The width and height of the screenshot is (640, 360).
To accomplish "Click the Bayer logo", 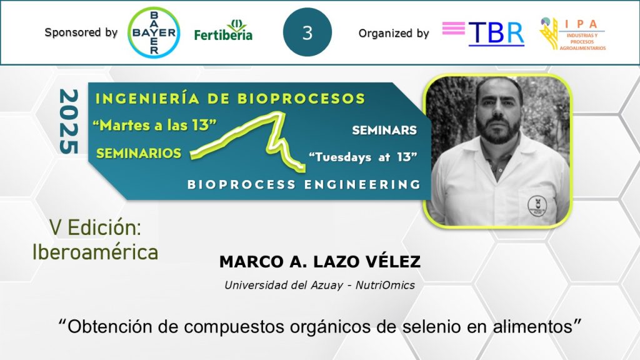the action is (x=154, y=32).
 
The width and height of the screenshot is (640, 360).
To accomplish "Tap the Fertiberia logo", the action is (x=223, y=30).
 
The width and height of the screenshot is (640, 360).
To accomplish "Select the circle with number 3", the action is (x=307, y=32).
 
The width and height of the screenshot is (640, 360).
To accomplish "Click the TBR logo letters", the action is (x=496, y=34).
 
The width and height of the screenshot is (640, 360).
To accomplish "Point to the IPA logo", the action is (x=572, y=34).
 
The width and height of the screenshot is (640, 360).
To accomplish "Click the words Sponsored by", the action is (x=81, y=32).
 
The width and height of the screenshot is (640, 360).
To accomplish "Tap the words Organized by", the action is (x=394, y=34).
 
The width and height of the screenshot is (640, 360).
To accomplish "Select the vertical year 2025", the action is (x=69, y=122).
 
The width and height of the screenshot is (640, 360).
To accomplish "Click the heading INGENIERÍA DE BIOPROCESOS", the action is (x=230, y=98).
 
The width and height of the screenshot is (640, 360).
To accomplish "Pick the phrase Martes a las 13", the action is (x=154, y=125).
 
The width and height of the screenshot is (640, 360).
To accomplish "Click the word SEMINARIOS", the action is (x=139, y=153).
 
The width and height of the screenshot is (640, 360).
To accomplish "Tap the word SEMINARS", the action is (x=384, y=130).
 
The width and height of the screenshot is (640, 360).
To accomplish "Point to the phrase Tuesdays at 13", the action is (x=363, y=157).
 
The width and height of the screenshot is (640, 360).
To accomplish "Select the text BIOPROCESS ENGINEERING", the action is (x=304, y=184).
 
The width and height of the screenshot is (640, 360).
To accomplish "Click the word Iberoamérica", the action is (x=95, y=252).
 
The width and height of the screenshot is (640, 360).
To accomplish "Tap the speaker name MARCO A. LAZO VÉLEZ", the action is (x=320, y=262).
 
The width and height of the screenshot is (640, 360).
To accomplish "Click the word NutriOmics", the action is (x=385, y=285).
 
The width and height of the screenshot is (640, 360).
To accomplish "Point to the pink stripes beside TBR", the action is (x=454, y=28).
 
